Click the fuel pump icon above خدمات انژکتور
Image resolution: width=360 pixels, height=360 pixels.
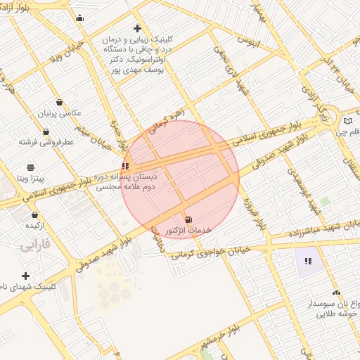point(188,219)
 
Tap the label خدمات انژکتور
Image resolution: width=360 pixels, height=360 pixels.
point(188,231)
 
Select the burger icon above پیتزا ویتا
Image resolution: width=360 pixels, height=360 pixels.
point(31,167)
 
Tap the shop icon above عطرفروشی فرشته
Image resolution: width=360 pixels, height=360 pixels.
point(46,131)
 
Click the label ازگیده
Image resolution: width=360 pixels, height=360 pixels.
point(35,226)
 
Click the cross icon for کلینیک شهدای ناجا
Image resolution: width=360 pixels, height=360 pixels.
point(26,276)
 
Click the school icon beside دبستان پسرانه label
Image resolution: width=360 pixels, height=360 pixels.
point(125,166)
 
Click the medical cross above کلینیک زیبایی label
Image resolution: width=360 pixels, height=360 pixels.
point(138,29)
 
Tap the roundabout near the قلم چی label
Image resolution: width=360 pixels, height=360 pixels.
point(328,114)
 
